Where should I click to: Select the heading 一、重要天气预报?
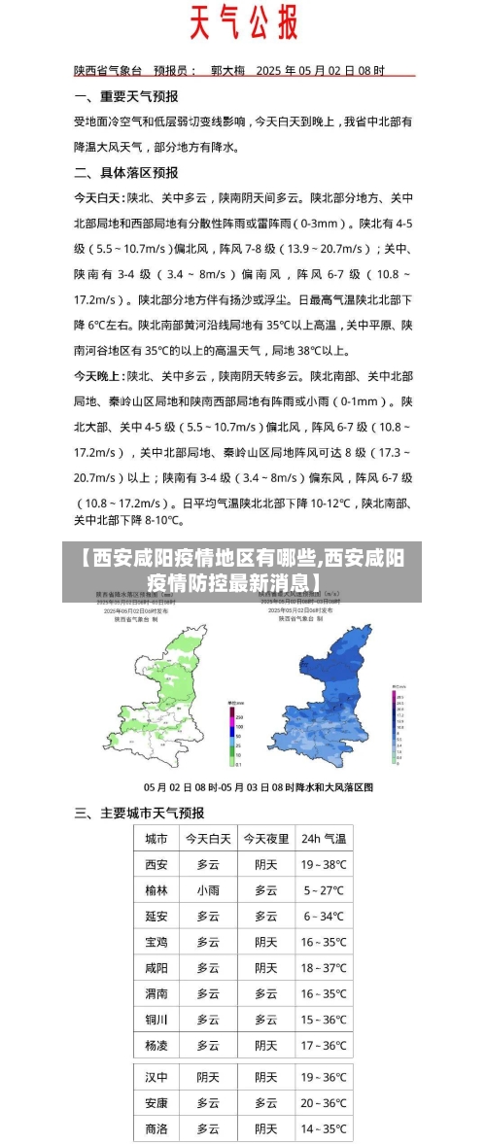(126, 96)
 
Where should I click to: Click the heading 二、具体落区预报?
(126, 172)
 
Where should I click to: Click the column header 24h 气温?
(324, 838)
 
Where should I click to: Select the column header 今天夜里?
(265, 838)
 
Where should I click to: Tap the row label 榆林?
(156, 889)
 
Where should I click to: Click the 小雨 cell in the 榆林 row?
(208, 889)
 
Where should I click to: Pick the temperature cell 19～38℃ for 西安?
(324, 864)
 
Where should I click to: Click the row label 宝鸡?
(156, 942)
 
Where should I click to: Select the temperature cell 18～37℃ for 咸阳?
(324, 968)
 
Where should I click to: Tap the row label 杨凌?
(156, 1046)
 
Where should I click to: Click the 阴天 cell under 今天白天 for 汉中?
(208, 1077)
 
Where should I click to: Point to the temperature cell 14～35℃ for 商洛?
(324, 1128)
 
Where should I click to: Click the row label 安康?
(156, 1103)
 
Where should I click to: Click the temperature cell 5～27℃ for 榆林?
(324, 889)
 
